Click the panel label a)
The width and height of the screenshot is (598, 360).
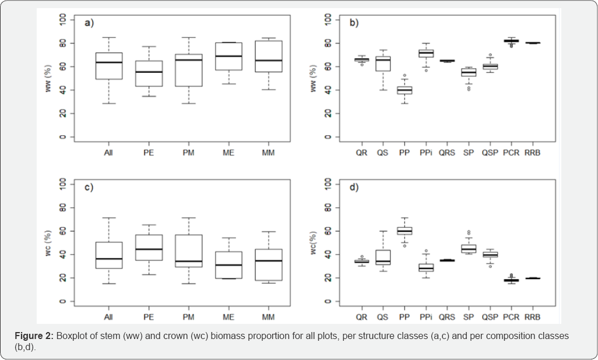[x=89, y=23]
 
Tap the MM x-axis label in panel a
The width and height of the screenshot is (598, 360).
[x=268, y=153]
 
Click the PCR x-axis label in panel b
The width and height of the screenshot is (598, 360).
[x=511, y=153]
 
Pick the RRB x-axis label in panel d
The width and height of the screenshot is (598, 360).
[x=532, y=317]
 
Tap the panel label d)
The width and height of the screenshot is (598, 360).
[x=354, y=188]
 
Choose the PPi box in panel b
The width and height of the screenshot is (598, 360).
[x=426, y=53]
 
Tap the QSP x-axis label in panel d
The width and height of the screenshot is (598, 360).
[x=490, y=317]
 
